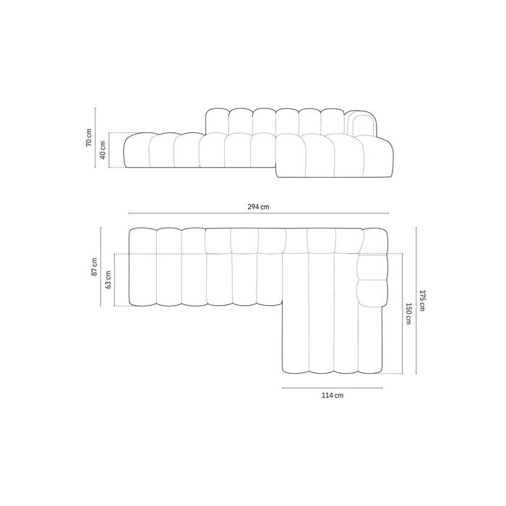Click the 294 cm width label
click(x=258, y=207)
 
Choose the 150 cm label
click(x=408, y=314)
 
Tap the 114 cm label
click(x=333, y=396)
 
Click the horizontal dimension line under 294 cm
click(x=258, y=214)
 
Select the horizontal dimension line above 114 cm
click(x=333, y=388)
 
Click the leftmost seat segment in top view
click(x=142, y=267)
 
